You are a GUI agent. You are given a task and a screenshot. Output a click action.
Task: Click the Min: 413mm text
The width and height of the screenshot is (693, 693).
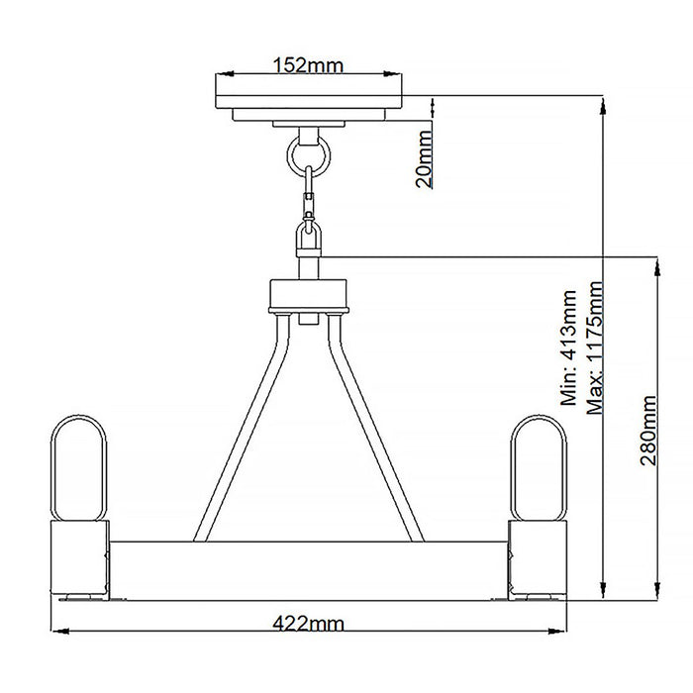(x=569, y=348)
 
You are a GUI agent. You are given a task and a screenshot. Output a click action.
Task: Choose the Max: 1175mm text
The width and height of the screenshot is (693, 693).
(x=595, y=348)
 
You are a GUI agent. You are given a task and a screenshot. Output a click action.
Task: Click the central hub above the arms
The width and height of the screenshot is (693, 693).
(x=308, y=294)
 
